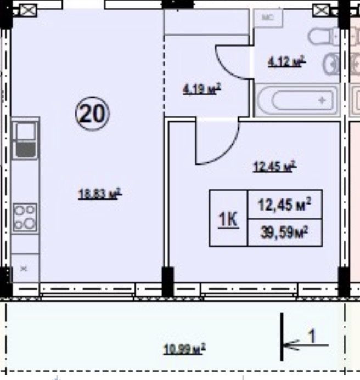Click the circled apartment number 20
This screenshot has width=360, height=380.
coord(92,114)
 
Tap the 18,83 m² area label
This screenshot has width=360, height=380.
coord(100,194)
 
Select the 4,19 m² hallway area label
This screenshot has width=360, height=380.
coord(201,89)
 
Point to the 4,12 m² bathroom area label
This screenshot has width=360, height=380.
coord(286,61)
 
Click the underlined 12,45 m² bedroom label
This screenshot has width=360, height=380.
coord(274,166)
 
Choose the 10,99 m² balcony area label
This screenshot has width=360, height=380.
coord(184,349)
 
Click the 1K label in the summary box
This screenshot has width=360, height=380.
coord(228,219)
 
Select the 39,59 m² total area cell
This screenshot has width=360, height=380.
coord(284,232)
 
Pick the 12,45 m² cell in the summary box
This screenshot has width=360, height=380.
coord(284,205)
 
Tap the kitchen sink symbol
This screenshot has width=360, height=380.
coord(25,140)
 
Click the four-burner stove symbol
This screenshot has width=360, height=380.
coord(25,218)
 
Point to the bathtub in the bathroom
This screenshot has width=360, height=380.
coord(296,100)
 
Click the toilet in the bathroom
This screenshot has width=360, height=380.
coord(323,36)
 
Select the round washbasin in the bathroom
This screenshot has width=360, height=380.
coord(331,64)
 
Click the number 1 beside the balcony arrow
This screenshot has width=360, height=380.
coord(312,336)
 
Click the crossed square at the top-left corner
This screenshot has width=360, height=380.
coord(28,10)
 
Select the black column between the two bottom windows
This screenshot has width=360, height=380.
coord(168,282)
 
